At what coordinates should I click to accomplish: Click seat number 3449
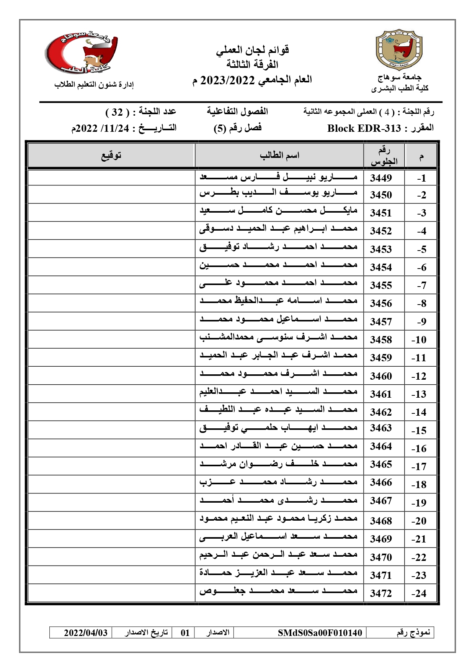click(x=380, y=178)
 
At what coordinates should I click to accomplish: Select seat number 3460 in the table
click(x=380, y=376)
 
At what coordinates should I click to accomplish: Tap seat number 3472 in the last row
click(x=380, y=593)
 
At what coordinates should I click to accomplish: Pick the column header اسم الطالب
click(x=279, y=155)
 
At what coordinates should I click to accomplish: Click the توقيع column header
click(x=111, y=155)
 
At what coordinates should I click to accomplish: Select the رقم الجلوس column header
click(x=384, y=156)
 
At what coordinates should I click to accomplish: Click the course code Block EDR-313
click(x=364, y=128)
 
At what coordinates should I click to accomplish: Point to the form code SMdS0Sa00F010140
click(x=320, y=633)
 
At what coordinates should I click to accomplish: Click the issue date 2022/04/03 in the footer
click(x=86, y=633)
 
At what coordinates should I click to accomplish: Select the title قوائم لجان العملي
click(x=252, y=50)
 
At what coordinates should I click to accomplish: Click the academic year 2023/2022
click(x=227, y=80)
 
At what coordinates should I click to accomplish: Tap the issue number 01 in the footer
click(x=185, y=633)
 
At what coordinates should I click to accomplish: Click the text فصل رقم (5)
click(x=237, y=128)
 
